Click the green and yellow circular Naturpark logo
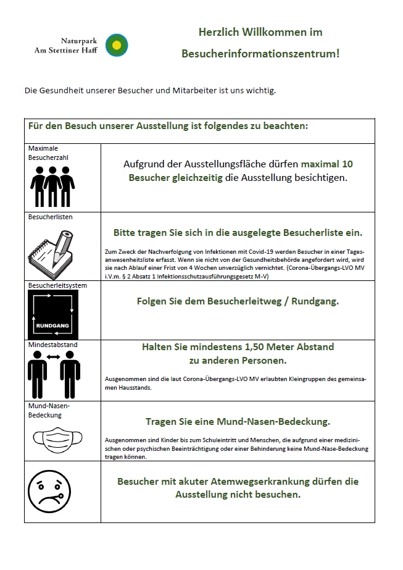(116, 45)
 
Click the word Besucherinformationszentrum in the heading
(260, 54)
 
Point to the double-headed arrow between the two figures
(53, 356)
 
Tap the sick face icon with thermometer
(53, 492)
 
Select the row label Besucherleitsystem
(57, 286)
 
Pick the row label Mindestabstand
(52, 345)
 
